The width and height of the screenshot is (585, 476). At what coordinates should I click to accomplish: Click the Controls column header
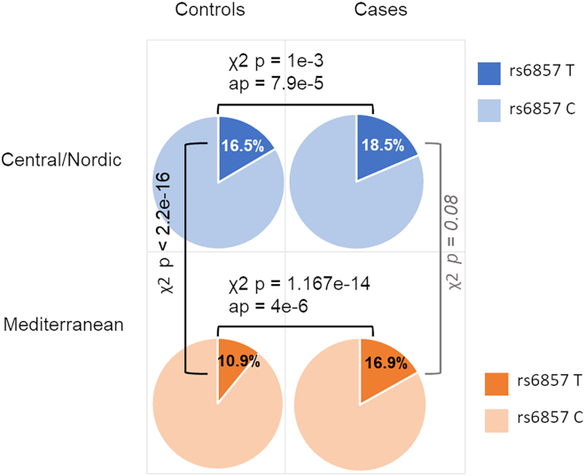[x=210, y=11]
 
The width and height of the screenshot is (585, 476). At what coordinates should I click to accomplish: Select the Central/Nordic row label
[x=63, y=163]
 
